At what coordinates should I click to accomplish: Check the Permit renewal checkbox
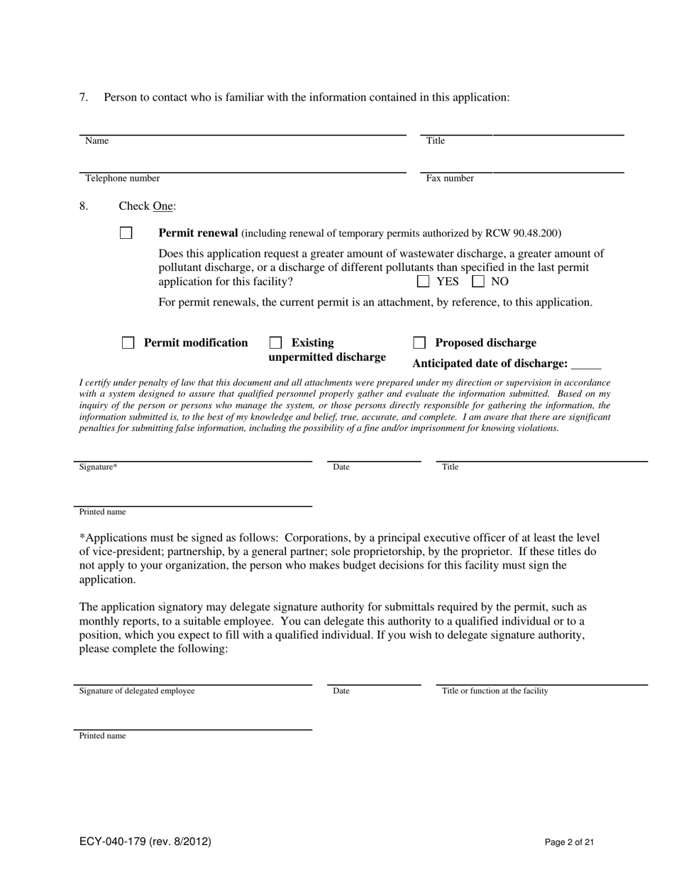point(126,233)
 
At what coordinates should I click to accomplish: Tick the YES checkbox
point(424,281)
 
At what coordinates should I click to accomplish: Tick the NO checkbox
point(479,281)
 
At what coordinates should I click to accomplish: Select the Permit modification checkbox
point(128,343)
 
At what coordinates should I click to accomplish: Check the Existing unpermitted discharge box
point(276,343)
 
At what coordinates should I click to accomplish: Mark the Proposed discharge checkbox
point(419,343)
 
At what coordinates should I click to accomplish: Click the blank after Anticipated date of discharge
point(586,364)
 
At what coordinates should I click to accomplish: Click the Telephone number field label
point(122,179)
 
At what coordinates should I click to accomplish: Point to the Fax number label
point(450,179)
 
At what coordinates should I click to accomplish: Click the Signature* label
point(98,467)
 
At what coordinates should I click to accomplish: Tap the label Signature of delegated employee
point(137,691)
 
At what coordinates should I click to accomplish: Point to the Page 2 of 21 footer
point(569,842)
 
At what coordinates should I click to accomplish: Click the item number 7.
point(84,97)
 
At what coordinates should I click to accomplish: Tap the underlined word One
point(163,206)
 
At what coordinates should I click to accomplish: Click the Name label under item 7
point(97,141)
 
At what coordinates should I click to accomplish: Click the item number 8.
point(84,206)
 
